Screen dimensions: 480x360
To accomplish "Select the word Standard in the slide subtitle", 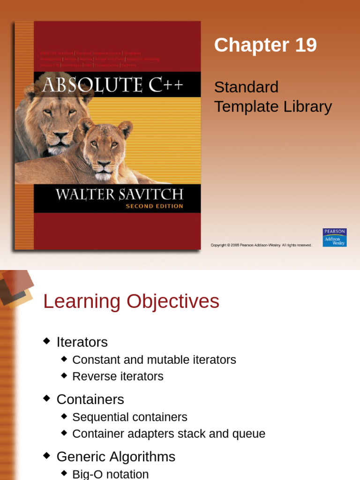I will pyautogui.click(x=246, y=87).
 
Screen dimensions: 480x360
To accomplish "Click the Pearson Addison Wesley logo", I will pyautogui.click(x=335, y=238).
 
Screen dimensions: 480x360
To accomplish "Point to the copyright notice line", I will pyautogui.click(x=261, y=245).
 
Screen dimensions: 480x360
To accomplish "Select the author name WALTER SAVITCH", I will pyautogui.click(x=120, y=194).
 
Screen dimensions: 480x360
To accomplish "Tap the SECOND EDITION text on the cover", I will pyautogui.click(x=154, y=206).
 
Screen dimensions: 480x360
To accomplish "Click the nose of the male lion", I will pyautogui.click(x=60, y=136).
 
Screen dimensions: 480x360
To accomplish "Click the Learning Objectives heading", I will pyautogui.click(x=131, y=301).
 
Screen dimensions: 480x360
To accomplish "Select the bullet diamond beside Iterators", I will pyautogui.click(x=46, y=341).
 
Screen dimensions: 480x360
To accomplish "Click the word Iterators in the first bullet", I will pyautogui.click(x=82, y=342).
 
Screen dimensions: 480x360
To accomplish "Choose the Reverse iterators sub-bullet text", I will pyautogui.click(x=118, y=376).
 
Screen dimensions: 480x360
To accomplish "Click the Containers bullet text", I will pyautogui.click(x=90, y=399).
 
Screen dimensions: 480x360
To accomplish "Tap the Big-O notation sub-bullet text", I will pyautogui.click(x=110, y=474).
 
